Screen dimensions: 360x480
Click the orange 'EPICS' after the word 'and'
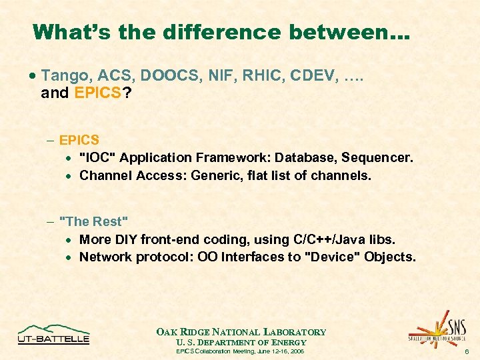coord(97,93)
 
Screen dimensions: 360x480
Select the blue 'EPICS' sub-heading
coord(79,140)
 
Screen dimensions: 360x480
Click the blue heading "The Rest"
coord(93,221)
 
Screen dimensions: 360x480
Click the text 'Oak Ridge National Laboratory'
coord(241,332)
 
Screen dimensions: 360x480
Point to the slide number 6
coord(467,351)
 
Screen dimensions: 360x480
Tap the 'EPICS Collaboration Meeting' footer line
coord(240,351)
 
